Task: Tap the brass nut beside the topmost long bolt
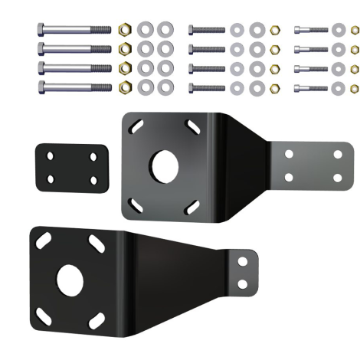pos(126,30)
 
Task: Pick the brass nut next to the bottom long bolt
pos(126,86)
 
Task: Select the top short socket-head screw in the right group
pos(311,31)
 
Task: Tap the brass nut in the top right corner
pos(354,31)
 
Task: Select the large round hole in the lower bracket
pos(70,281)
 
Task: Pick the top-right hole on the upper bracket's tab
pos(338,154)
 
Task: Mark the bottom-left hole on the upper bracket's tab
pos(290,178)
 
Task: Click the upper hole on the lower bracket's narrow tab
pos(244,261)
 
